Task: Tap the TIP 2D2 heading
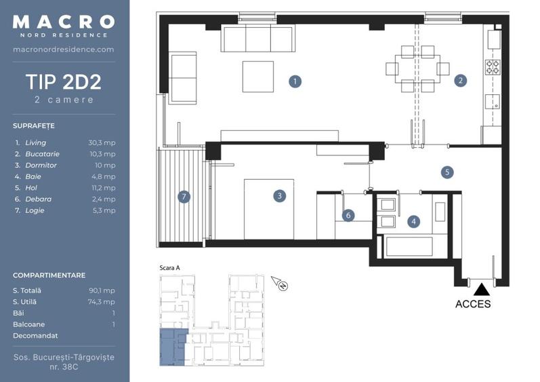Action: click(x=64, y=83)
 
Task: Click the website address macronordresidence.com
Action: click(x=64, y=50)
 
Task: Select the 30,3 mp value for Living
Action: click(x=102, y=143)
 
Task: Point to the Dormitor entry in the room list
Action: click(x=41, y=166)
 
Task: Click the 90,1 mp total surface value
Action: click(x=102, y=290)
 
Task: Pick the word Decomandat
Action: click(x=35, y=335)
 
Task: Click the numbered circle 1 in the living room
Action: click(x=295, y=81)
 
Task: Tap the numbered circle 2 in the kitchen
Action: click(x=461, y=81)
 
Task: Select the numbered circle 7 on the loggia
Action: click(x=183, y=197)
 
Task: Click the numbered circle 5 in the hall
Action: click(x=446, y=172)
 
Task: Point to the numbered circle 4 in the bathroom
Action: click(x=413, y=221)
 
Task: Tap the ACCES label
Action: click(x=473, y=304)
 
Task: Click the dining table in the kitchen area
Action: click(x=417, y=69)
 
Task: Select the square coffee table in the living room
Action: click(x=258, y=76)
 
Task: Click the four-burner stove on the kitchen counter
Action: click(x=493, y=66)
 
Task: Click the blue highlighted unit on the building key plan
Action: click(x=172, y=347)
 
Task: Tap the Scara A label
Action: click(x=169, y=268)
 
